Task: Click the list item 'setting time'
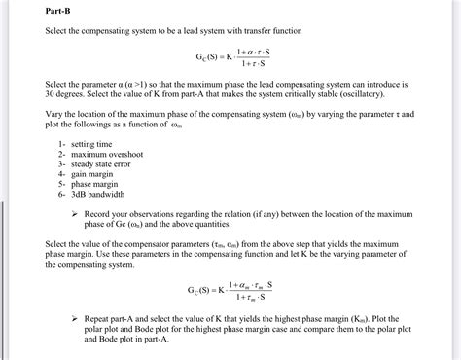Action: tap(94, 144)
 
